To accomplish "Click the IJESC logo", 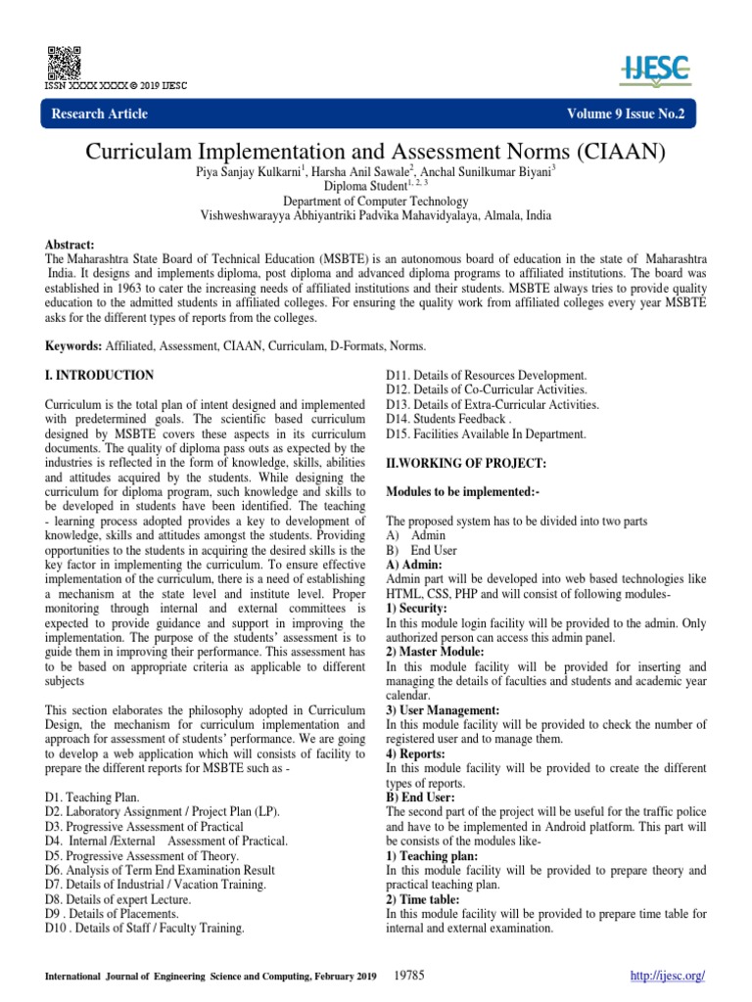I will [x=655, y=68].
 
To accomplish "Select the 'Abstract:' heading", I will [x=72, y=242].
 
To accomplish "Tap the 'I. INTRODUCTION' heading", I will [x=99, y=375].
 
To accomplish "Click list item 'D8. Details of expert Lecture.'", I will [x=118, y=898].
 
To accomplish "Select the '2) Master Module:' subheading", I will [x=435, y=651].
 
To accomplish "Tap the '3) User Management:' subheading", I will [x=444, y=709].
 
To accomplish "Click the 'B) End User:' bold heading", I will [x=420, y=797].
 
